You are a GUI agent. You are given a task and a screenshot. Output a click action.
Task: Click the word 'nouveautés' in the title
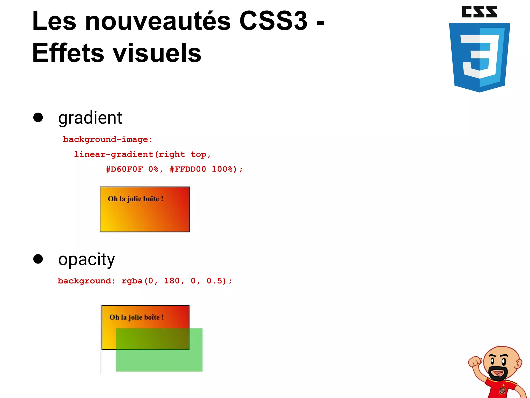[158, 21]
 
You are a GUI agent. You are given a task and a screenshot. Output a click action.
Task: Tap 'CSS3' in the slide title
[273, 21]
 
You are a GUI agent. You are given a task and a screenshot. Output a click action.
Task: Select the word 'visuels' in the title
[157, 53]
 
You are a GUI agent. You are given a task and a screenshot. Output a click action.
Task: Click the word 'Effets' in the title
[68, 53]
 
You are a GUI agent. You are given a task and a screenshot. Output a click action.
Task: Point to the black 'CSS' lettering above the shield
[479, 12]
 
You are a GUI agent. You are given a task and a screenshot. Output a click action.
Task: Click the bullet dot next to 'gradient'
[38, 117]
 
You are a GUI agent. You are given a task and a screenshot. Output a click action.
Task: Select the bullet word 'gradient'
[90, 118]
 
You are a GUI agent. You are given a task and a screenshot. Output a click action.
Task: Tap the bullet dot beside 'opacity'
[38, 259]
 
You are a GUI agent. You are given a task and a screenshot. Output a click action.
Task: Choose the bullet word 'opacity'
[86, 259]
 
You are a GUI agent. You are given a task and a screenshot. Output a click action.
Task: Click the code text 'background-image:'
[108, 139]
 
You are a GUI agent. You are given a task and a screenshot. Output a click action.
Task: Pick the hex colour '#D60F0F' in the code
[124, 169]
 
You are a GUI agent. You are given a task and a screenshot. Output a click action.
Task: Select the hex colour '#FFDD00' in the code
[188, 169]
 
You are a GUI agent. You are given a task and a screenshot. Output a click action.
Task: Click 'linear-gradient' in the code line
[114, 154]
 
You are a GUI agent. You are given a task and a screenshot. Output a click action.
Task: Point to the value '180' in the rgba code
[172, 281]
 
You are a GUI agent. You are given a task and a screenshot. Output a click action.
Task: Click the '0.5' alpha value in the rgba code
[214, 281]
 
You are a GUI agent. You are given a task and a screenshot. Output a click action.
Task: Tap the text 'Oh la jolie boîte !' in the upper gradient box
[135, 199]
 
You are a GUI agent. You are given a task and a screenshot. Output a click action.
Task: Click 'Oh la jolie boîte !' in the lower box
[137, 317]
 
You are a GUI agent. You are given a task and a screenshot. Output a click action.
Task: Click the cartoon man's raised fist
[475, 361]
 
